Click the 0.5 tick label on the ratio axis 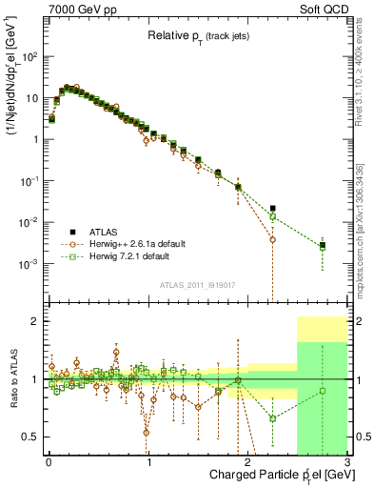click(33, 437)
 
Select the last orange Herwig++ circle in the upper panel click(273, 239)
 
